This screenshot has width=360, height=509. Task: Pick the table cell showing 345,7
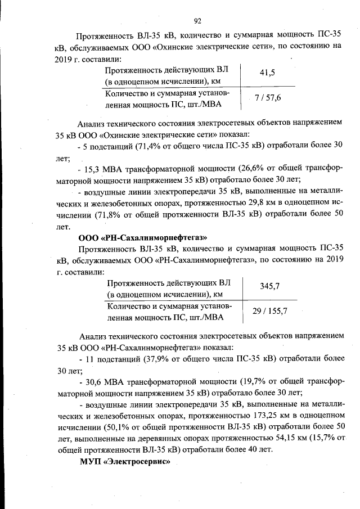click(269, 287)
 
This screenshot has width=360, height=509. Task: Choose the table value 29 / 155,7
click(270, 311)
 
